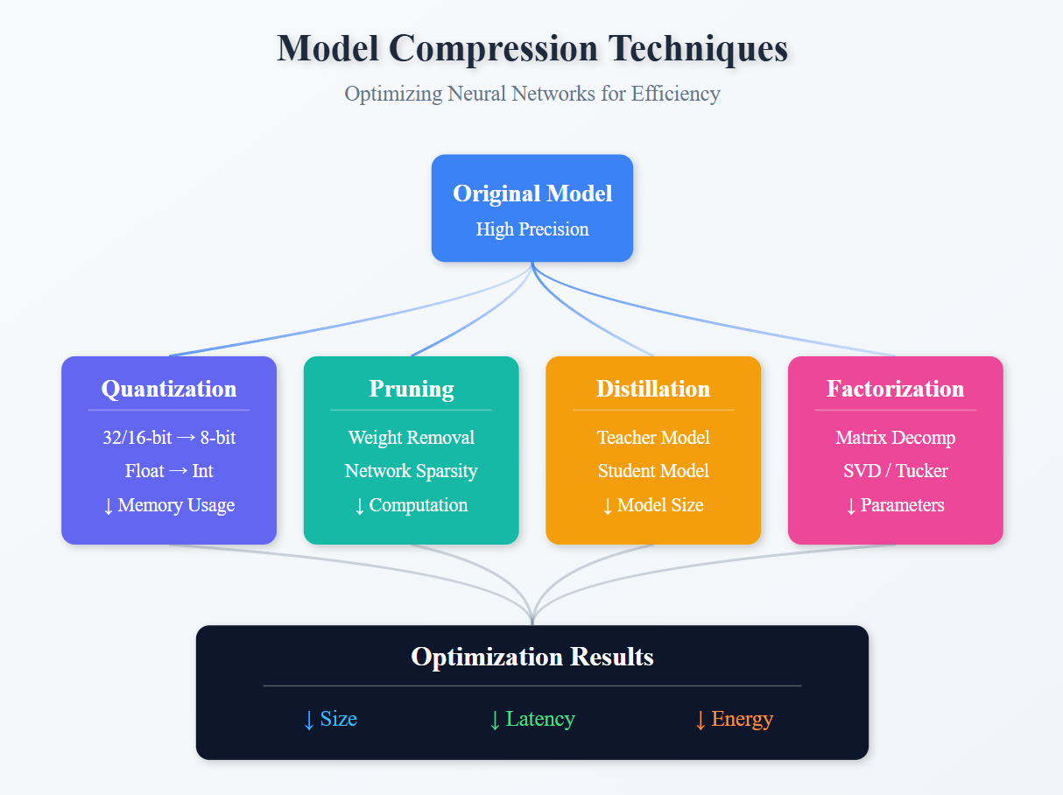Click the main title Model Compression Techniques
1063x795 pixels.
click(x=531, y=48)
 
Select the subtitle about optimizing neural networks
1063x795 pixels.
click(x=531, y=94)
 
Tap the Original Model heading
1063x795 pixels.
click(x=531, y=193)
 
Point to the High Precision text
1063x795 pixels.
click(x=531, y=229)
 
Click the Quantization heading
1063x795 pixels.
click(x=169, y=389)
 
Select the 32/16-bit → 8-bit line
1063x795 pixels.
click(x=169, y=437)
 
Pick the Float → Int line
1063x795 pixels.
click(x=169, y=471)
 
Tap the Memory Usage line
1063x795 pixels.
click(x=169, y=505)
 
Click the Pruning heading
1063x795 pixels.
click(x=411, y=389)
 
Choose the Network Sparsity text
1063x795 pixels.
click(x=411, y=471)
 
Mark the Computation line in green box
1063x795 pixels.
click(x=411, y=505)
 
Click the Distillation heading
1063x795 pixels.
click(x=653, y=389)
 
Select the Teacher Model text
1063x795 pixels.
click(x=653, y=437)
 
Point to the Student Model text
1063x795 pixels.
click(x=653, y=471)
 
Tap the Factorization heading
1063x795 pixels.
click(x=895, y=389)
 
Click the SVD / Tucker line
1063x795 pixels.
click(x=895, y=471)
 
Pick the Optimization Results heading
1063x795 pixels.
click(x=531, y=657)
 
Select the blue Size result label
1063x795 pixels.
click(x=330, y=720)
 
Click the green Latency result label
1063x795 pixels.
click(x=531, y=720)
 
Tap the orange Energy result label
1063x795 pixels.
click(x=734, y=720)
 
